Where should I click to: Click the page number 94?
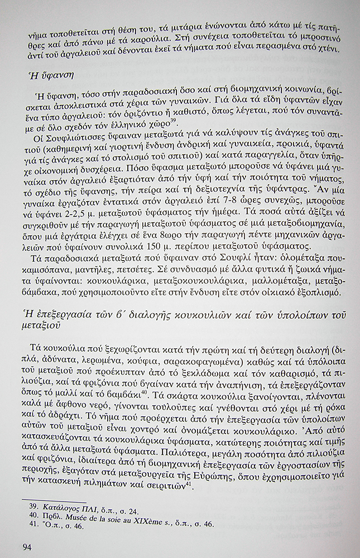coord(28,545)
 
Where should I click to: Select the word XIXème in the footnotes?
coord(156,517)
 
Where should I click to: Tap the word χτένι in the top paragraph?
coord(324,50)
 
